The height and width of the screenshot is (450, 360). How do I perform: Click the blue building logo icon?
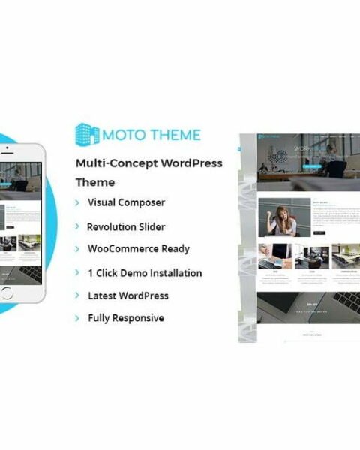[x=88, y=134]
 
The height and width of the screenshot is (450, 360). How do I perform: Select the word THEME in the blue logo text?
[x=175, y=135]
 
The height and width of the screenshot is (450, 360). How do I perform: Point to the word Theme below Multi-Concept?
[x=94, y=182]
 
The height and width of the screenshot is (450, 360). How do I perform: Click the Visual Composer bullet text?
[x=126, y=202]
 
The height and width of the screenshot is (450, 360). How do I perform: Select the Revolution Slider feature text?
[x=125, y=226]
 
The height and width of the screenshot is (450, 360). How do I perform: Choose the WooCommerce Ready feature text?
[x=138, y=249]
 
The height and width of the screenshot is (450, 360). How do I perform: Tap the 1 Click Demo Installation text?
[x=144, y=273]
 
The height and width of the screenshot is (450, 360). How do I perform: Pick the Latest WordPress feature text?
[x=127, y=295]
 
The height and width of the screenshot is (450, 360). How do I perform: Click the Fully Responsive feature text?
[x=125, y=318]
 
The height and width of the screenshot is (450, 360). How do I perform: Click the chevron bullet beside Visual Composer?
[x=77, y=203]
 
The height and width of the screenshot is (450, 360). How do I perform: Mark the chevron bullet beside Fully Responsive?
[x=77, y=319]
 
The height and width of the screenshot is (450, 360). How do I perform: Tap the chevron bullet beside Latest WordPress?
[x=77, y=296]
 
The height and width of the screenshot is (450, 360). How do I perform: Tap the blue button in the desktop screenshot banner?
[x=308, y=167]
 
